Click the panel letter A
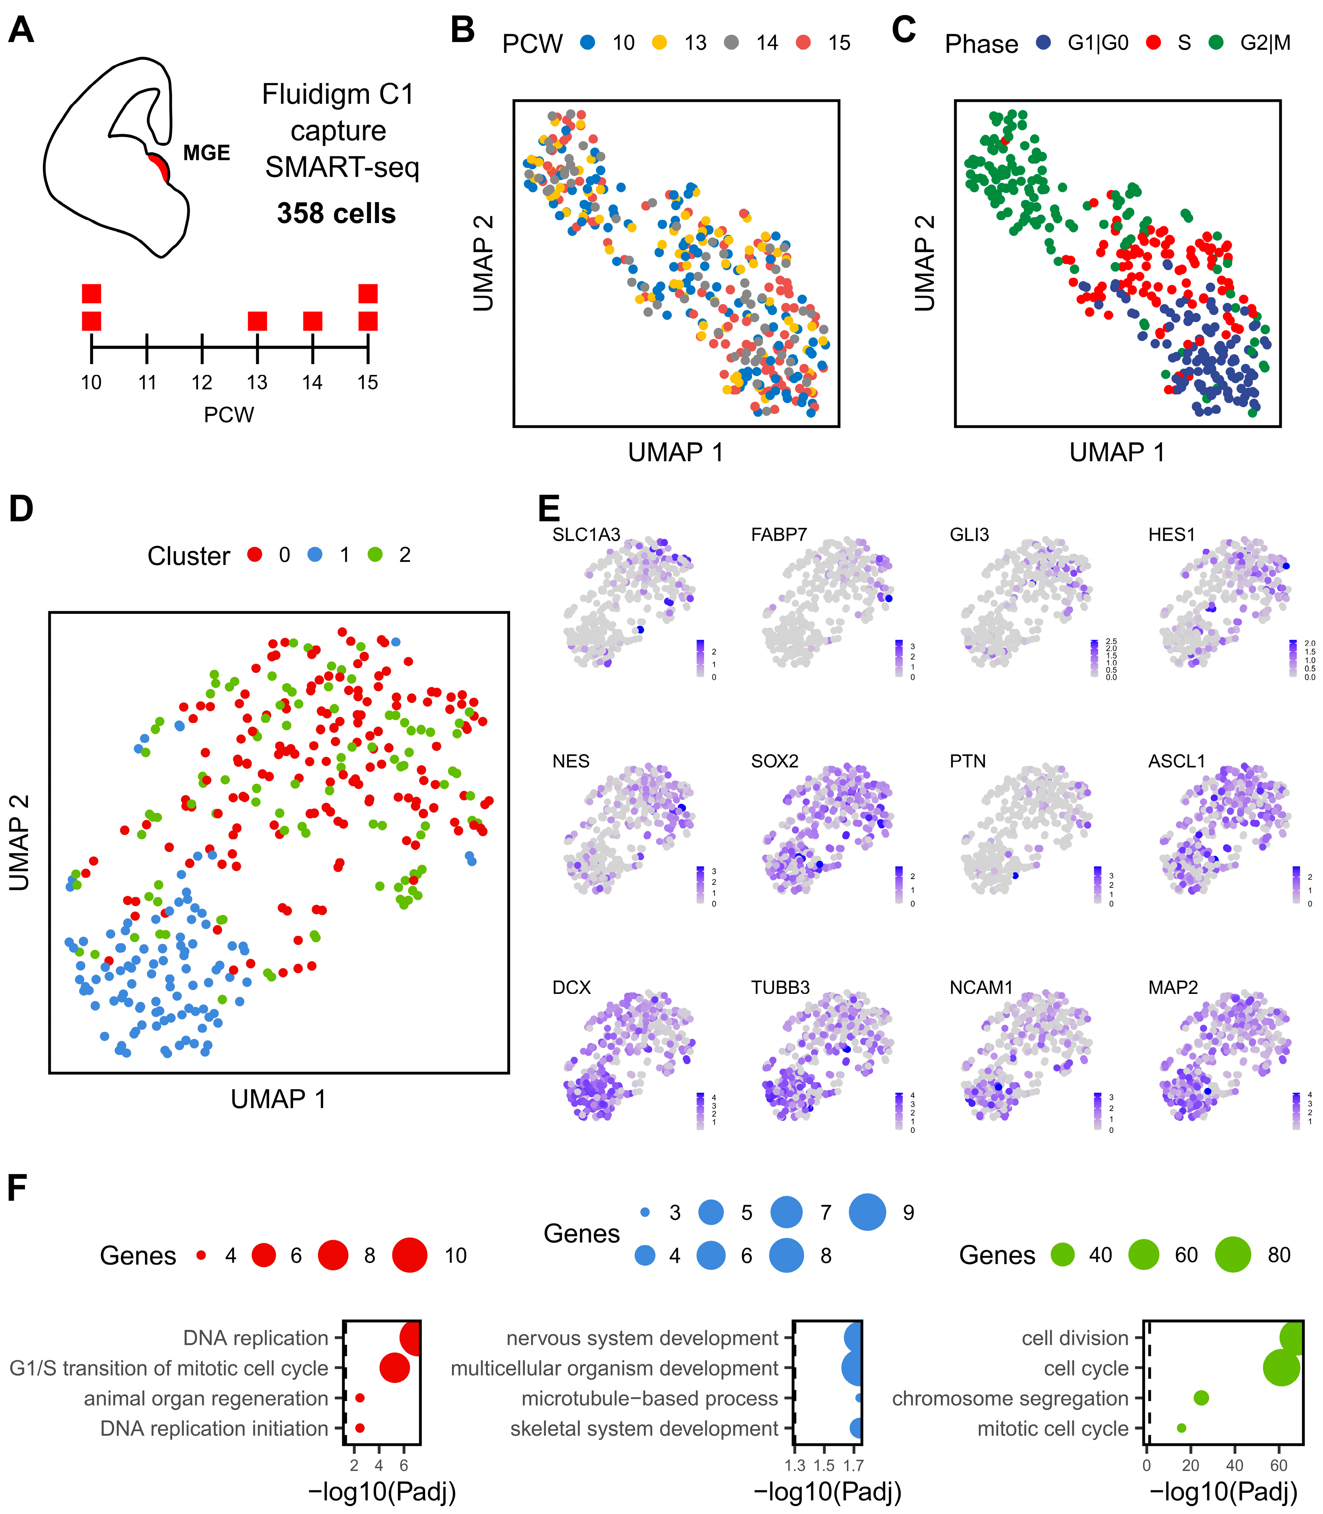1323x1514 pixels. (21, 30)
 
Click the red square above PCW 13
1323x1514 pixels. (257, 321)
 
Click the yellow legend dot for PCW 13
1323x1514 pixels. (659, 43)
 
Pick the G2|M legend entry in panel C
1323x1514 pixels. (1265, 43)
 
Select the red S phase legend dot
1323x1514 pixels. (1153, 43)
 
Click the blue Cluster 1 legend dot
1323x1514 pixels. (315, 554)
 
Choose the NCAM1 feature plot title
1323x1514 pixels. (981, 988)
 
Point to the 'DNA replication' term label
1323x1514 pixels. (256, 1338)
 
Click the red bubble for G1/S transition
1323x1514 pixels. (394, 1368)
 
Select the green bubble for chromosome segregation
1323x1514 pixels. (1201, 1397)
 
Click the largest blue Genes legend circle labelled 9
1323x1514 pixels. (867, 1212)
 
